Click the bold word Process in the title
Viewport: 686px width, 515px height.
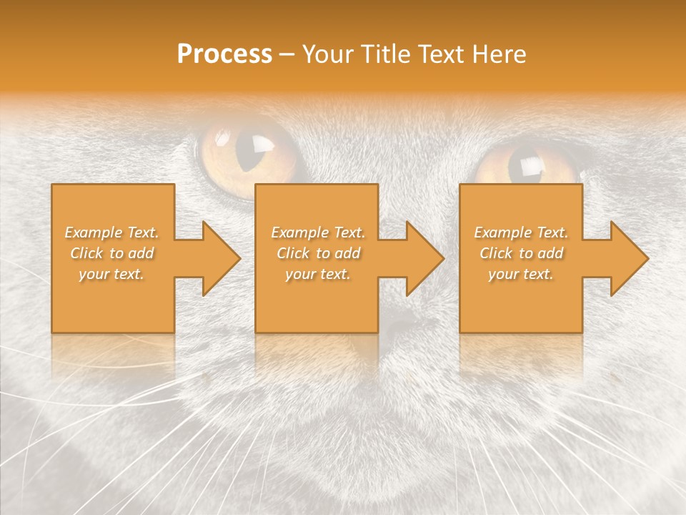point(224,54)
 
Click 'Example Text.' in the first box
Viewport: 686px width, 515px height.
point(112,232)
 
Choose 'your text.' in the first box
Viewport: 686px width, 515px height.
point(112,274)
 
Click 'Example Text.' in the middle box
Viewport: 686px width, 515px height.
point(317,232)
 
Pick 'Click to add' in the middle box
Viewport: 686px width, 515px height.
point(317,253)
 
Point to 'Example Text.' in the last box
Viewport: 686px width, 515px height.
point(521,232)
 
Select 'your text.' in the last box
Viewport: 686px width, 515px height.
point(521,274)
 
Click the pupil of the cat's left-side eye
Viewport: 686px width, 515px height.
point(252,150)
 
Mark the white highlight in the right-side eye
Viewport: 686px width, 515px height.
point(530,166)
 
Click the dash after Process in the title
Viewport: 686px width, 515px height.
point(287,55)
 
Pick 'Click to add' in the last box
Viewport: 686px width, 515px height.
point(521,253)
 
